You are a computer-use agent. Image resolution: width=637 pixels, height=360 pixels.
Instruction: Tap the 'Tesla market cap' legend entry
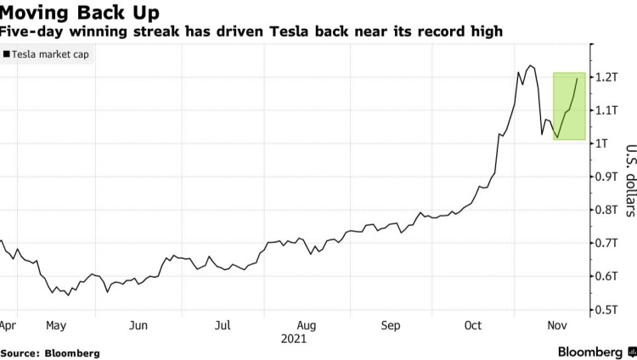click(49, 54)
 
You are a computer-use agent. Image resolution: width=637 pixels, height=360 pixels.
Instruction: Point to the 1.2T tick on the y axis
click(608, 77)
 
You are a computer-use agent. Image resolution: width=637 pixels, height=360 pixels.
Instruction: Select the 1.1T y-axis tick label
click(608, 110)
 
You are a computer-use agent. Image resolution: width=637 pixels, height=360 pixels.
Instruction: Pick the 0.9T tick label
click(608, 177)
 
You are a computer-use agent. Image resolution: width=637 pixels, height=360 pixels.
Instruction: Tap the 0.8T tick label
click(608, 210)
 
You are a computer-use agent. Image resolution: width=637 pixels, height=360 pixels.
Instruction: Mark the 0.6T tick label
click(608, 277)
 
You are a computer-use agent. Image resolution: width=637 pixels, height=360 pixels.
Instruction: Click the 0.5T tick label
click(608, 310)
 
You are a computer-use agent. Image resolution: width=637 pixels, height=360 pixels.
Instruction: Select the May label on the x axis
click(56, 325)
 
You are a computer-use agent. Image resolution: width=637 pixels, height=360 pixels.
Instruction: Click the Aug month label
click(307, 325)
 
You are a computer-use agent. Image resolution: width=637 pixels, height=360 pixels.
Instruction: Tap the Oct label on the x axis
click(474, 325)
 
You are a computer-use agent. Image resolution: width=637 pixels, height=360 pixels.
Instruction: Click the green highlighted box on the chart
click(568, 106)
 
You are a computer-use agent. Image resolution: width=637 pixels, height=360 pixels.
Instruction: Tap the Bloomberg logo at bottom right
click(595, 352)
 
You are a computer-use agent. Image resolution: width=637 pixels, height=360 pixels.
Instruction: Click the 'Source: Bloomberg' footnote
click(50, 352)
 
